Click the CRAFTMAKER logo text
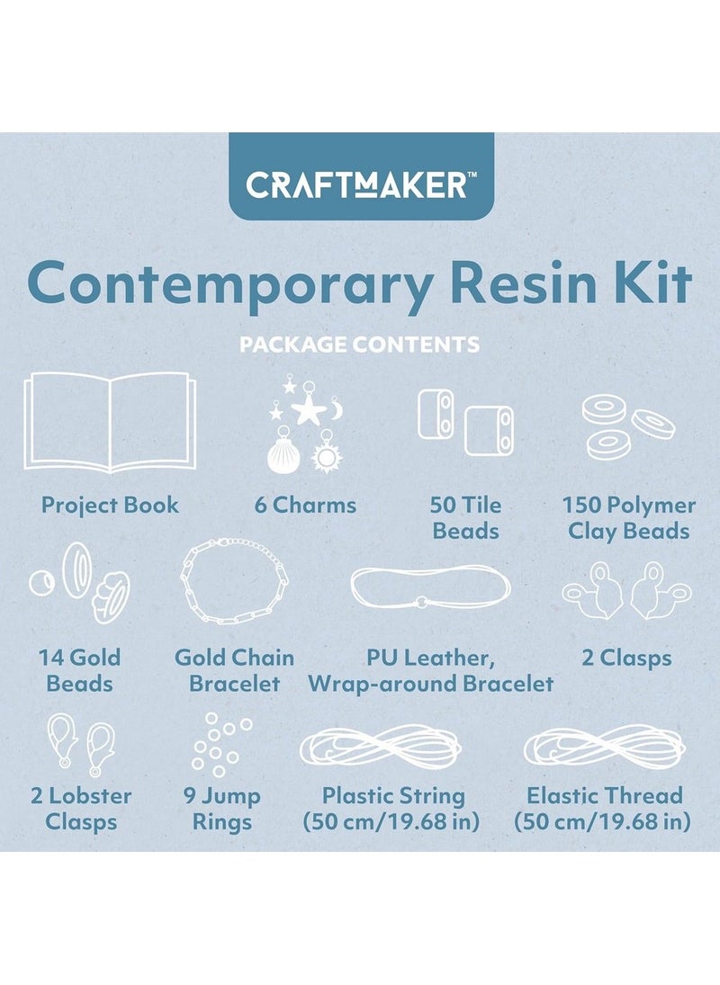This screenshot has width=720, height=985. pos(357,185)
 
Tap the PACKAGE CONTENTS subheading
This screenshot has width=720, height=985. pos(359,345)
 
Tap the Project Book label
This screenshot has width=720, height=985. pos(110,505)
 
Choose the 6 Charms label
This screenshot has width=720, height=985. pos(305,505)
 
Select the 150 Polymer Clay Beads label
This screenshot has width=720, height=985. pos(628,517)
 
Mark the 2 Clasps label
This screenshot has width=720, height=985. pos(626,658)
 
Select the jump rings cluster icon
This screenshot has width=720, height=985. pos(221,745)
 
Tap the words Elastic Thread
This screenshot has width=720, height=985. pos(604,795)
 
